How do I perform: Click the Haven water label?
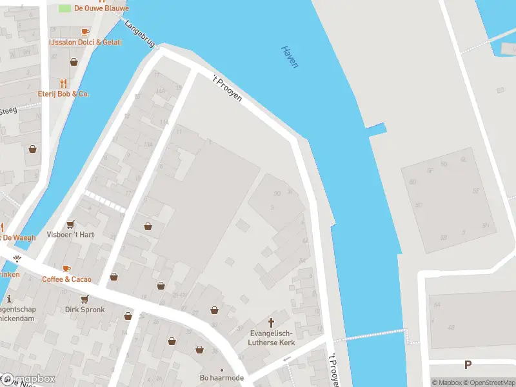[x=289, y=57]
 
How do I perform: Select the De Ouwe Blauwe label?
[x=101, y=8]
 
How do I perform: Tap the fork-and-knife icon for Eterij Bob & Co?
[x=63, y=83]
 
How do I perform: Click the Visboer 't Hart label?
[x=70, y=235]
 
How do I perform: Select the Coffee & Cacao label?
[x=66, y=279]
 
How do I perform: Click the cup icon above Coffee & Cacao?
[x=66, y=268]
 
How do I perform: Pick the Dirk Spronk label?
[x=84, y=310]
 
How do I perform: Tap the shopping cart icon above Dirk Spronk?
[x=84, y=299]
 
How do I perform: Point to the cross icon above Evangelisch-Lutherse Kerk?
[x=271, y=322]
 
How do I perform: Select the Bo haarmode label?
[x=221, y=378]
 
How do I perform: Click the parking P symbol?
[x=468, y=365]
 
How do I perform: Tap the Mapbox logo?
[x=28, y=379]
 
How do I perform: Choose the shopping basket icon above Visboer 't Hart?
[x=70, y=223]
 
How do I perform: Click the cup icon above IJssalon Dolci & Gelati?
[x=84, y=32]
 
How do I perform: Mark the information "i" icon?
[x=9, y=299]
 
